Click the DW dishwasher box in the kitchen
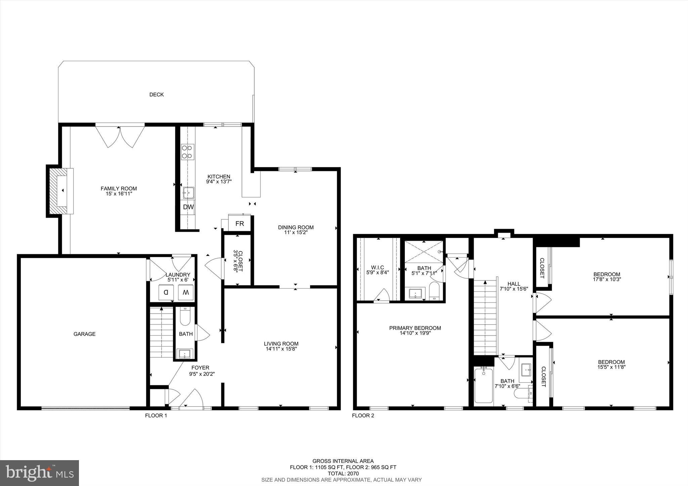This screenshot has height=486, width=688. point(188,207)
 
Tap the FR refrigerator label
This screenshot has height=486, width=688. point(239,224)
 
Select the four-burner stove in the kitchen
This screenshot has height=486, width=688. point(187,151)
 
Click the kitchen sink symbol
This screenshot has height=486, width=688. point(188,193)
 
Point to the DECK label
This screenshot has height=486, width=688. point(157,95)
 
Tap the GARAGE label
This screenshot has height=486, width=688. point(85,334)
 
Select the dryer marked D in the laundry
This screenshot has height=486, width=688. point(166,292)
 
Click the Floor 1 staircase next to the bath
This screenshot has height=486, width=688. point(161,333)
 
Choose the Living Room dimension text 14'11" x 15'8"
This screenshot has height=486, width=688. point(281,349)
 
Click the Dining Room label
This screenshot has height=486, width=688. point(296,227)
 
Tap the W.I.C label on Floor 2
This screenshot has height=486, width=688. point(378,267)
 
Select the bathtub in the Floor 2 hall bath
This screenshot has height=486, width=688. point(484,386)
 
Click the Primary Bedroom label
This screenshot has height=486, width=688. point(415,328)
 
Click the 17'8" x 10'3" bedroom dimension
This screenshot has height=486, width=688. point(607,279)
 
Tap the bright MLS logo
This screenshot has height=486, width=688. point(40,473)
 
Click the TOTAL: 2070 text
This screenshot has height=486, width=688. point(343,474)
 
